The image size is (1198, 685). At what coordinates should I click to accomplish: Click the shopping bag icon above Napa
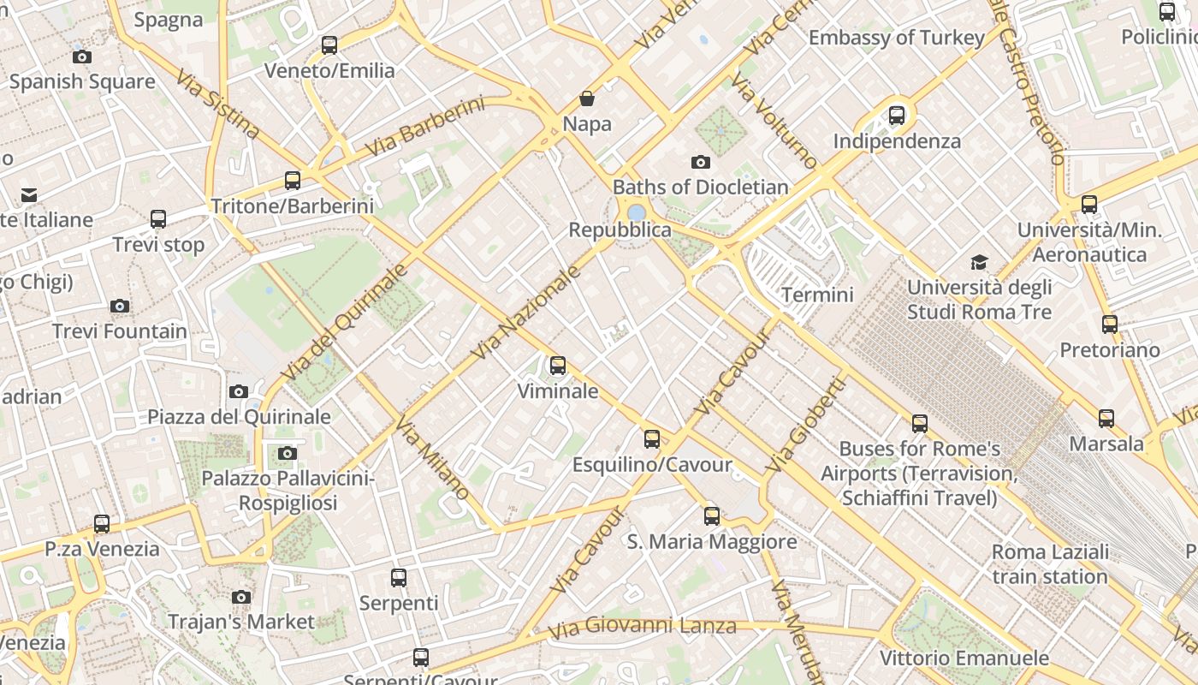tap(587, 98)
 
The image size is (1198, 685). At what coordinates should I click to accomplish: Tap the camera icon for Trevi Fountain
tap(120, 306)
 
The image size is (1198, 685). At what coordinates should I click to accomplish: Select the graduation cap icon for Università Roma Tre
tap(979, 262)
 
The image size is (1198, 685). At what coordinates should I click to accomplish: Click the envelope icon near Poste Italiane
tap(29, 195)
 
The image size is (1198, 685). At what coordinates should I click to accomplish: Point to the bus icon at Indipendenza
tap(897, 115)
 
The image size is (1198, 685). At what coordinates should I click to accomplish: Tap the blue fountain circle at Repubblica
tap(636, 212)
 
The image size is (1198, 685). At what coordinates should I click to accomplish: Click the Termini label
tap(817, 295)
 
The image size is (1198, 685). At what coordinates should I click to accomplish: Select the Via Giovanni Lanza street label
tap(642, 626)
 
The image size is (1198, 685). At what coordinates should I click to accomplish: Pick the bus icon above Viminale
tap(558, 366)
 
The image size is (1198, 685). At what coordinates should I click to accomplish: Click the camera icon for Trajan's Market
tap(241, 596)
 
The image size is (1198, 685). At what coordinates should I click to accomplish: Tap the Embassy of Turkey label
tap(896, 38)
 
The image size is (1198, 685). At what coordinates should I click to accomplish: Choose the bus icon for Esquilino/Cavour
tap(652, 439)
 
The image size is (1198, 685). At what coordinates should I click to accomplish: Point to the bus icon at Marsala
tap(1106, 418)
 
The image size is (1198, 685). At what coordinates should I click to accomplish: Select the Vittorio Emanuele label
tap(964, 658)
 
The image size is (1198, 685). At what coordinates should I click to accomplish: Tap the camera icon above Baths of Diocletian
tap(700, 162)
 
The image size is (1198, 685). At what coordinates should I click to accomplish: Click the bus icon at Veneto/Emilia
tap(329, 45)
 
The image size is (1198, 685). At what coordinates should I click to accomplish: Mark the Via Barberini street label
tap(424, 128)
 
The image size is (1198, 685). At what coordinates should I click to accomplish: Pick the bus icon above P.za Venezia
tap(102, 523)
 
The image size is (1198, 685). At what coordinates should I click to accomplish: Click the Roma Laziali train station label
tap(1050, 563)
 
